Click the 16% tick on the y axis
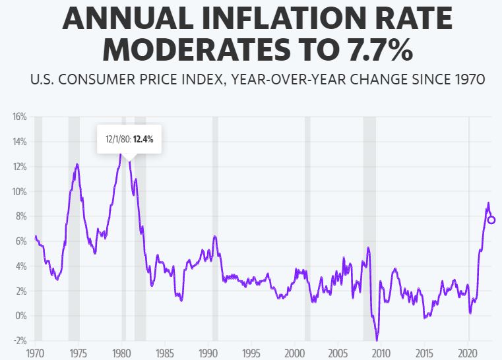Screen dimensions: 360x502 pos(18,117)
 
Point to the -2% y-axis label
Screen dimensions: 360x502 pos(18,340)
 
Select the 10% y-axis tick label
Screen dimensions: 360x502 pos(18,191)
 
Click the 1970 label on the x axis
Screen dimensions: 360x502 pos(35,353)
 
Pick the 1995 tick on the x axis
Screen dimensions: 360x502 pos(251,353)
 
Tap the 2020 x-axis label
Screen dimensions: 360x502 pos(468,353)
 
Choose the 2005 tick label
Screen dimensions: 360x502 pos(338,353)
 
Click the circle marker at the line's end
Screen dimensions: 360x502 pos(491,220)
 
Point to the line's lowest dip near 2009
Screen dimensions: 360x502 pos(377,340)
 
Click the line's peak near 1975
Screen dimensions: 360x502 pos(77,164)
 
